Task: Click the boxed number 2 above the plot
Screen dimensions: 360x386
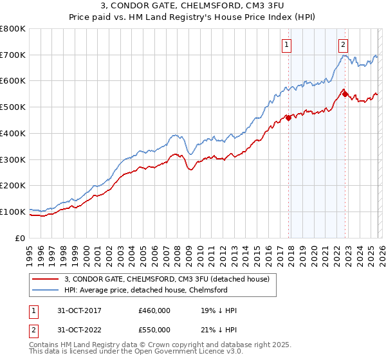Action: click(344, 44)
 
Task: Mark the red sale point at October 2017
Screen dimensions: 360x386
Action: click(288, 118)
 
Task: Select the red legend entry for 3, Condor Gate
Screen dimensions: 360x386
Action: click(170, 279)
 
